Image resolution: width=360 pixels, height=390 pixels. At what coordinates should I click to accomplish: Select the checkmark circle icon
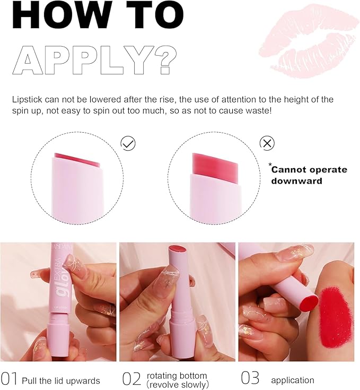tap(128, 143)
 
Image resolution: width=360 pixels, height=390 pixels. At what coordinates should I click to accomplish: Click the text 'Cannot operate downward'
tap(309, 175)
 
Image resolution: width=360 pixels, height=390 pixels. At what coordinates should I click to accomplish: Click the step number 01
tap(10, 379)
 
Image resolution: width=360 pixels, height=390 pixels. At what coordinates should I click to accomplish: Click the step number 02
tap(131, 379)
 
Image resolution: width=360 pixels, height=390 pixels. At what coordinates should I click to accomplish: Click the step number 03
tap(250, 379)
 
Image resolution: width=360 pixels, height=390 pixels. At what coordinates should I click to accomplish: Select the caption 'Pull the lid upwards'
tap(61, 380)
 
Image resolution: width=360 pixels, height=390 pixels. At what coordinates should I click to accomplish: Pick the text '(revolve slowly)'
tap(178, 384)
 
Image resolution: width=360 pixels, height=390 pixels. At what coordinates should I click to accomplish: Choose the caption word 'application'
tap(292, 380)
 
